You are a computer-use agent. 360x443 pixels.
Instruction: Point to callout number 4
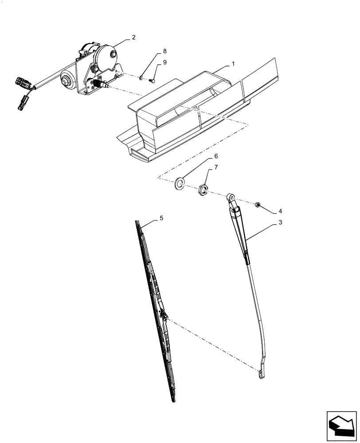pos(280,211)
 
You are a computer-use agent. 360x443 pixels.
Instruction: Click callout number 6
pos(216,156)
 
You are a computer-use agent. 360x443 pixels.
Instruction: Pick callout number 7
pos(216,167)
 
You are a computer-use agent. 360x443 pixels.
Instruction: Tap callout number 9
pos(164,62)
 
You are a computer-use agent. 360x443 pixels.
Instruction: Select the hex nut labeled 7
pos(203,190)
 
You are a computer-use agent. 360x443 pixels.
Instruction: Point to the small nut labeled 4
pos(257,205)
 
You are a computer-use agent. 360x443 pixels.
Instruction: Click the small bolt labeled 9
pos(152,81)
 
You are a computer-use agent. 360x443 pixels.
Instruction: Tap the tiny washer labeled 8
pos(141,78)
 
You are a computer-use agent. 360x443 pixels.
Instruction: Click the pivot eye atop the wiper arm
pos(230,197)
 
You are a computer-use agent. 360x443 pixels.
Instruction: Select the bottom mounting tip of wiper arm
pos(260,374)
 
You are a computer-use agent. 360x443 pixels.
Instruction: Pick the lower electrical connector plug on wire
pos(21,105)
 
